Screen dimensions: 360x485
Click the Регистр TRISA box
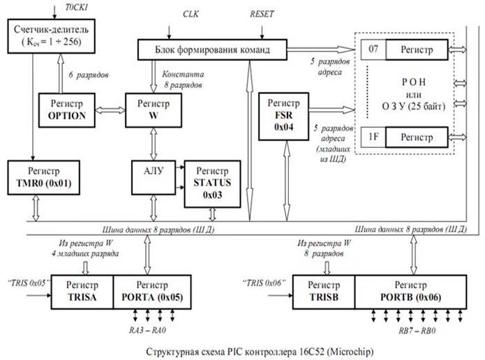tap(82, 292)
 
